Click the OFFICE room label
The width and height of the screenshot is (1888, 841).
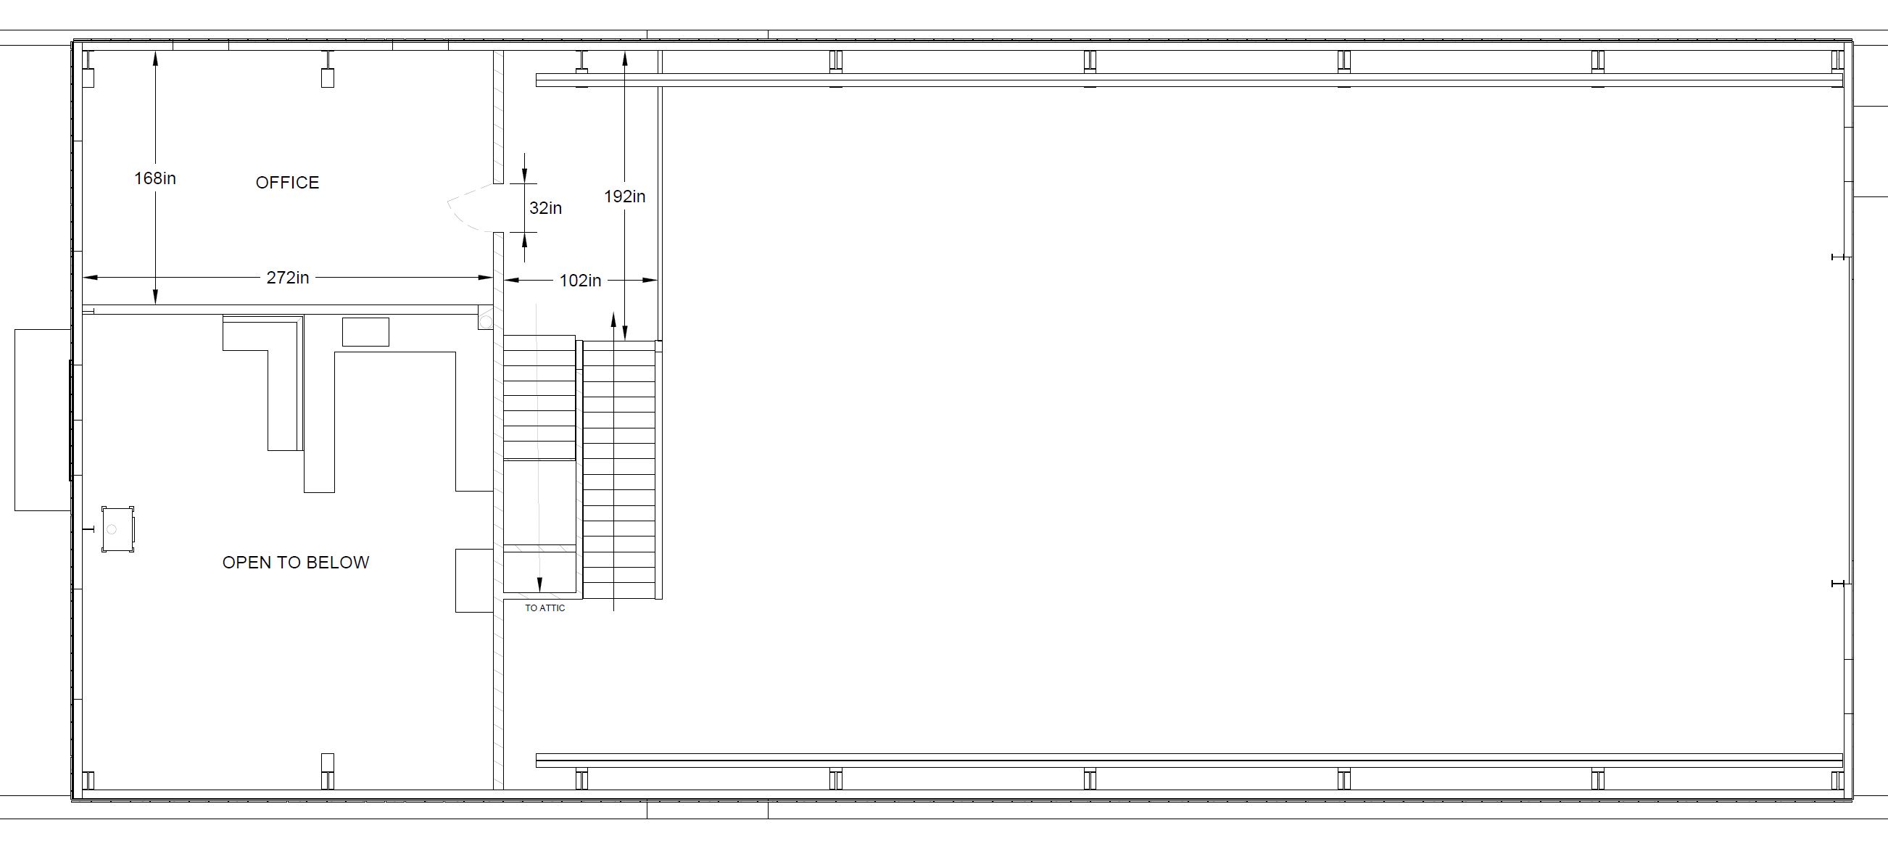click(287, 183)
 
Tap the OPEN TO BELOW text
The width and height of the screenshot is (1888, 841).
click(295, 562)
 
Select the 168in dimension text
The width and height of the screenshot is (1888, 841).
click(154, 178)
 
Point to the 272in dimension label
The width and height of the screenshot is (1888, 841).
click(287, 278)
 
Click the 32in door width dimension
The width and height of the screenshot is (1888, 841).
click(545, 208)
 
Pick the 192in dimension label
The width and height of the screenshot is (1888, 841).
click(624, 196)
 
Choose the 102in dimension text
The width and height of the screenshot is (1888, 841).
click(580, 281)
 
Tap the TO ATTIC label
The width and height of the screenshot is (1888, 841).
click(545, 608)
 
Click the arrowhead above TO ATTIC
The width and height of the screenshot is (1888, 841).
click(540, 584)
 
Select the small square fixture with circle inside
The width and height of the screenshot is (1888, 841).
click(118, 529)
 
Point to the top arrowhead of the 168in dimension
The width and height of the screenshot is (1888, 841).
click(155, 59)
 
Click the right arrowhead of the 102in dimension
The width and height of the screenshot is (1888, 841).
click(650, 280)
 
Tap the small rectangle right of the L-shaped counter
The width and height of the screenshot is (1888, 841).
click(365, 332)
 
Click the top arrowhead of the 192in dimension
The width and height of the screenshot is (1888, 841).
click(624, 59)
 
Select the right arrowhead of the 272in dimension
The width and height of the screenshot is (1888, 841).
click(484, 278)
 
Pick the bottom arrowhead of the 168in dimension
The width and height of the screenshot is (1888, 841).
click(155, 297)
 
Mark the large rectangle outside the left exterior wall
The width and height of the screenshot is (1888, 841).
click(43, 420)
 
